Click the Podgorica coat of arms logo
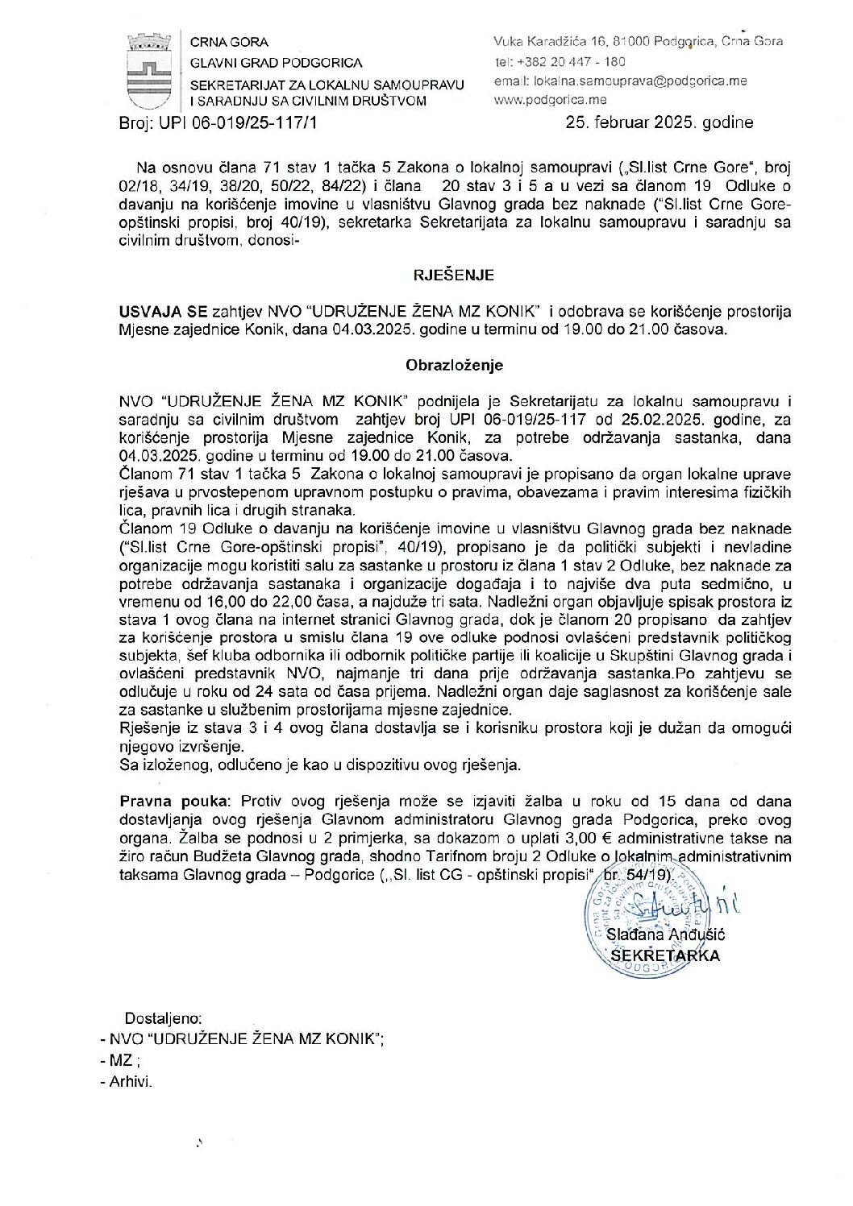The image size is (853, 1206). click(149, 71)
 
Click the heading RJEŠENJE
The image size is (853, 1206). click(454, 276)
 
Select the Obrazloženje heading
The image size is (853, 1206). click(454, 365)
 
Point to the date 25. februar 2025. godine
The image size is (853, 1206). click(660, 122)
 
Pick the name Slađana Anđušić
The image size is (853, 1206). click(665, 935)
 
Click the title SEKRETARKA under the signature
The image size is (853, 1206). click(665, 955)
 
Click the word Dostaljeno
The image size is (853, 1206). click(163, 1019)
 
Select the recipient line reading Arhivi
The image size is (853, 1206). click(132, 1082)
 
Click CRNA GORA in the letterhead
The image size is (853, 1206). click(229, 42)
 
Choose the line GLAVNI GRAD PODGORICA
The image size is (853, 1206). click(276, 62)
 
